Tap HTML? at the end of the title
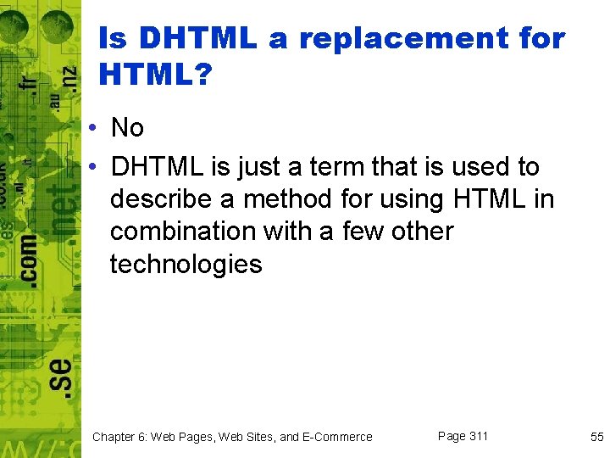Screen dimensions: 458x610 coord(156,76)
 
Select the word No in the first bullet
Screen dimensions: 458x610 coord(128,128)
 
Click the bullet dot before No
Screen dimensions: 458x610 coord(97,128)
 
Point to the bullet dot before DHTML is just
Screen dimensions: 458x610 coord(97,166)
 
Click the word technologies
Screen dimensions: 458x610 coord(186,265)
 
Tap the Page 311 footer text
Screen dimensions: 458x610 coord(463,436)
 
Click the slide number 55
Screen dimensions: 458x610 coord(596,437)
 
